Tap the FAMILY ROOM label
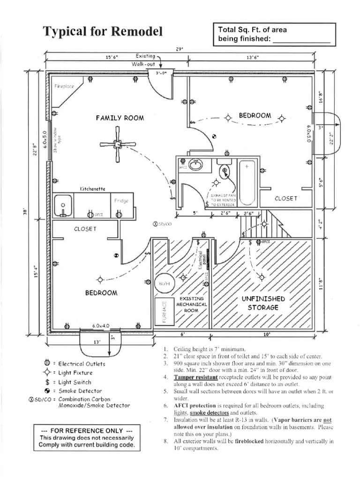click(x=120, y=118)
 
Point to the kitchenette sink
click(x=62, y=205)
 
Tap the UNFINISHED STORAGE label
click(x=262, y=303)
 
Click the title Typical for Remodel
click(x=103, y=31)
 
